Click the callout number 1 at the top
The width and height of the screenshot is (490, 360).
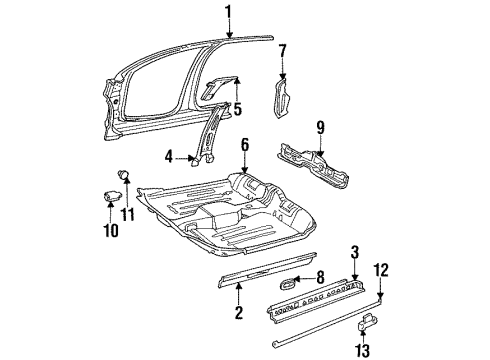228,12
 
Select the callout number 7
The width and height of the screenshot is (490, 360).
282,50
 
